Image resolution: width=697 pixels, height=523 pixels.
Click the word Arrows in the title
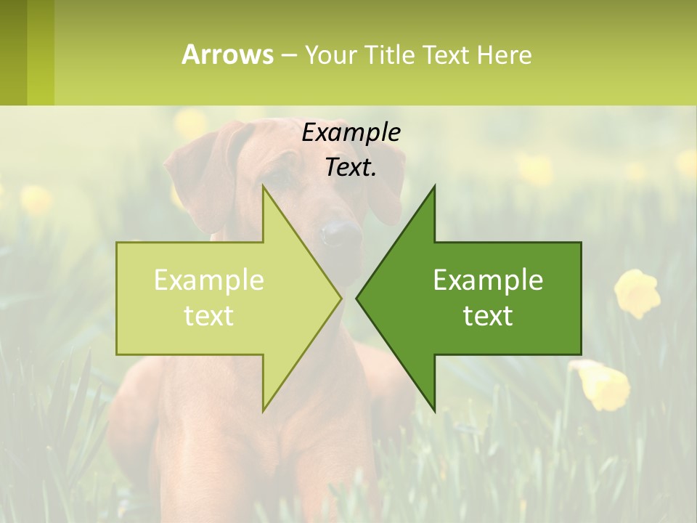pyautogui.click(x=227, y=54)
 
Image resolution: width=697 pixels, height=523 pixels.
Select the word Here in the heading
pyautogui.click(x=504, y=54)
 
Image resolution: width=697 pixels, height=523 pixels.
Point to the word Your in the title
pyautogui.click(x=331, y=54)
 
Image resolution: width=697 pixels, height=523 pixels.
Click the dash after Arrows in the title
pyautogui.click(x=288, y=56)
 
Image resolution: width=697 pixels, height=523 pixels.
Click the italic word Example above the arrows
pyautogui.click(x=351, y=133)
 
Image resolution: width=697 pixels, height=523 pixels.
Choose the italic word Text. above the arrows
pyautogui.click(x=351, y=167)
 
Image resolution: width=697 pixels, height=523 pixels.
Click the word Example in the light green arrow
pyautogui.click(x=209, y=280)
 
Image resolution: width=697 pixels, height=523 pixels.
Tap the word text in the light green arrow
pyautogui.click(x=209, y=316)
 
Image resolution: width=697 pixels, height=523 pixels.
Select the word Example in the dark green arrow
pyautogui.click(x=488, y=280)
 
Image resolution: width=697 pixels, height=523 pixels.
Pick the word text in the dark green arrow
pyautogui.click(x=488, y=316)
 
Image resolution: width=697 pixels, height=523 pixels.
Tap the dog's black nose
pyautogui.click(x=340, y=232)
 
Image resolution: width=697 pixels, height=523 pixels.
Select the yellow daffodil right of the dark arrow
pyautogui.click(x=637, y=293)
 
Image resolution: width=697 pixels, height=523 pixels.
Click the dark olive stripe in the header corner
pyautogui.click(x=13, y=52)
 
